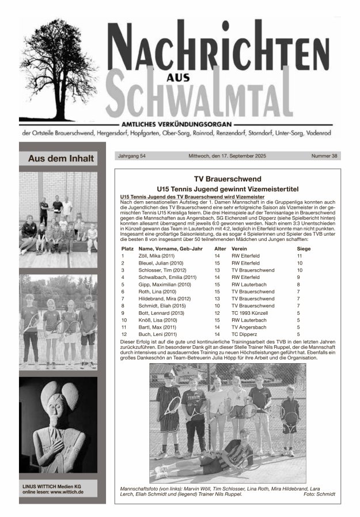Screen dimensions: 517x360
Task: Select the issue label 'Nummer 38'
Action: [325, 156]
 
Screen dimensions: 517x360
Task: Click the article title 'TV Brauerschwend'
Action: [228, 179]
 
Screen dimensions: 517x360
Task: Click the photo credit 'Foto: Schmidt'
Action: [318, 495]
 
